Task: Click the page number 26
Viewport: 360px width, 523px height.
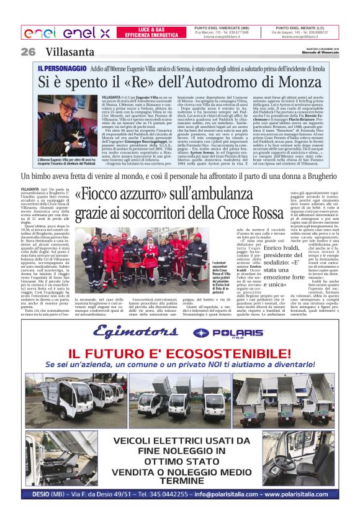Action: (28, 52)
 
